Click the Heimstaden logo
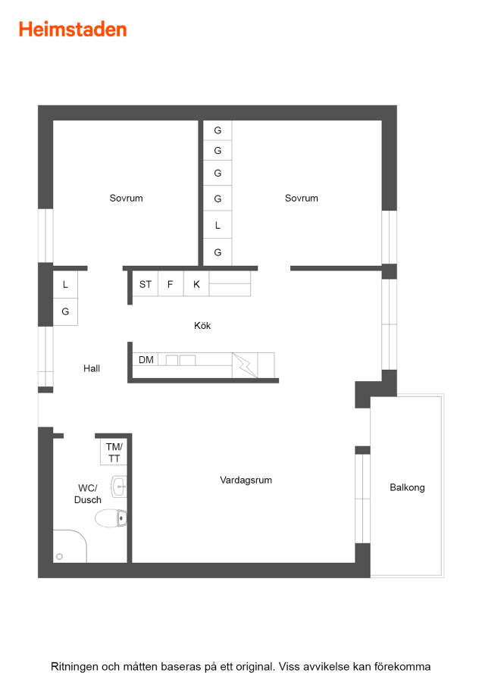[73, 30]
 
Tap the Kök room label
[202, 325]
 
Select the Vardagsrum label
[246, 480]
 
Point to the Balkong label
[407, 487]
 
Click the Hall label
[92, 368]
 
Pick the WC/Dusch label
[88, 493]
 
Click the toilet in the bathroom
[111, 518]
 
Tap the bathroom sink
[119, 486]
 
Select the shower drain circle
[60, 556]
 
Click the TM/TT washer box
[114, 452]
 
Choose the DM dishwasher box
[146, 360]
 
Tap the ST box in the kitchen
[146, 284]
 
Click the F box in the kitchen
[171, 284]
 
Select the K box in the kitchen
[196, 284]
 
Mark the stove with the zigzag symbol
[245, 365]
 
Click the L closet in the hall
[65, 284]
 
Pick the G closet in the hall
[65, 312]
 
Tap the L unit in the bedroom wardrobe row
[218, 225]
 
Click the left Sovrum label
[126, 199]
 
